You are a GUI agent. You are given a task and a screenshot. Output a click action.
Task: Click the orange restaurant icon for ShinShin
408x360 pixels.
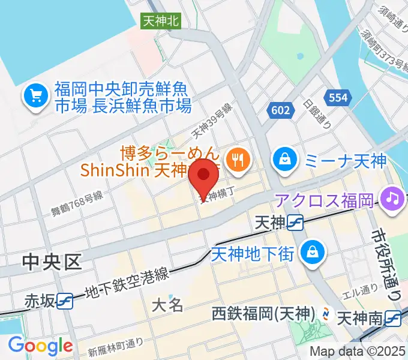click(x=239, y=159)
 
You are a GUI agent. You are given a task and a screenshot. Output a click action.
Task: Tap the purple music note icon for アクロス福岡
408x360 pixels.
click(x=394, y=199)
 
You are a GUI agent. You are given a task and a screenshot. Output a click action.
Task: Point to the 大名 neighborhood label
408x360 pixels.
click(x=167, y=304)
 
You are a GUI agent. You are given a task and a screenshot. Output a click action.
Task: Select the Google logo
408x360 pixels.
click(x=40, y=346)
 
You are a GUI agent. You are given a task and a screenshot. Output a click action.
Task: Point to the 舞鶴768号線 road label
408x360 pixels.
click(x=77, y=202)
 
